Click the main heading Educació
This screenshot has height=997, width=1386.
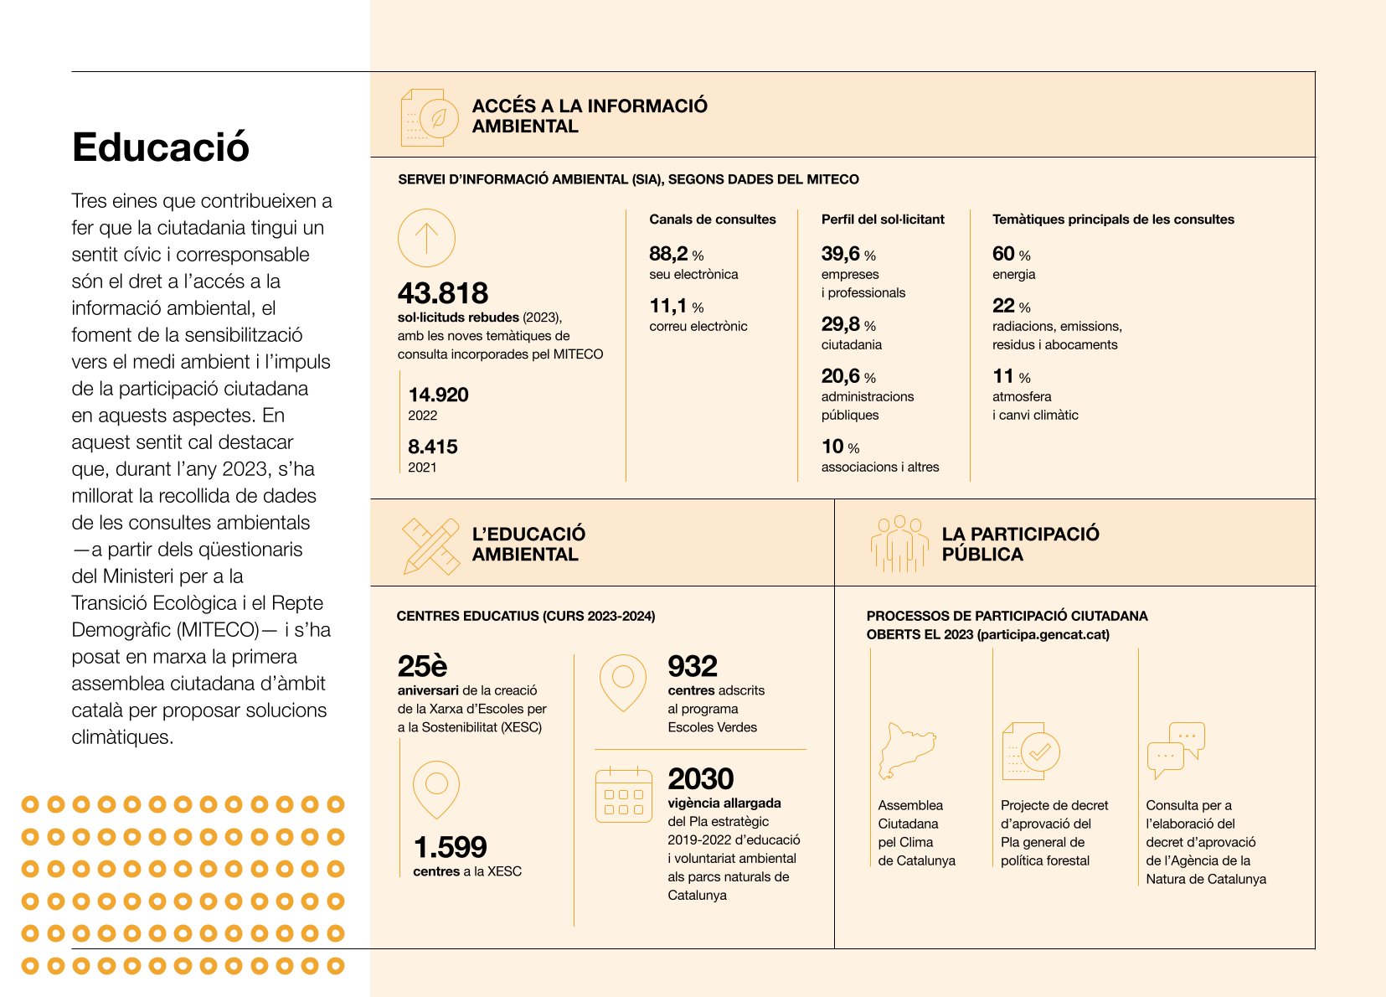(161, 147)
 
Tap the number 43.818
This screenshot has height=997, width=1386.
(442, 293)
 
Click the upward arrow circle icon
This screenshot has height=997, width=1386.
(426, 238)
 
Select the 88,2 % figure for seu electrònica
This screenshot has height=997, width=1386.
(676, 254)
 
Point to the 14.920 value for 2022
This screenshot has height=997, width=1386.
(438, 395)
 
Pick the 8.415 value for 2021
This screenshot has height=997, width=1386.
(432, 447)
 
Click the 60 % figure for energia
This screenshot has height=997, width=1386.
(1011, 254)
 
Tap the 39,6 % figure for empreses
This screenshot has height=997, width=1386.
(848, 254)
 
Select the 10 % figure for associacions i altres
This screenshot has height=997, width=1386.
(839, 447)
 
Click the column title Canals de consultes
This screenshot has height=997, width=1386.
(712, 220)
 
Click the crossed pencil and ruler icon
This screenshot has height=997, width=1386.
(430, 546)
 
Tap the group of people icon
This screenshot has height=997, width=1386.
(899, 544)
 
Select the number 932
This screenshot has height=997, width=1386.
(693, 666)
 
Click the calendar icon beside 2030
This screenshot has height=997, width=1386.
(623, 794)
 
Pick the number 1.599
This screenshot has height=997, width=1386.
(450, 847)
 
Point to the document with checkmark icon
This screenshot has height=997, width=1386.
(1030, 751)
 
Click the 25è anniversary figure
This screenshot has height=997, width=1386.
(422, 666)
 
